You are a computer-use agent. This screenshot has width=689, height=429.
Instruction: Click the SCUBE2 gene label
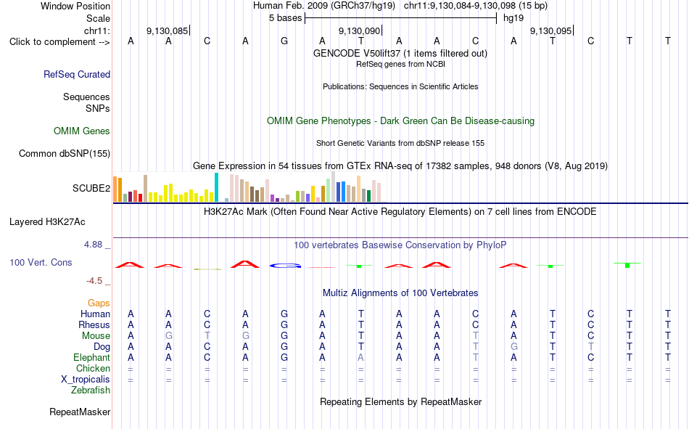(91, 188)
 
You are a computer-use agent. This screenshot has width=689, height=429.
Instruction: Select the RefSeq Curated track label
(77, 74)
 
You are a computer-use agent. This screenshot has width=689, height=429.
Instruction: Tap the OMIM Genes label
(82, 131)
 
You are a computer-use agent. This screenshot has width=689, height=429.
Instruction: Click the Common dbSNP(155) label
(65, 154)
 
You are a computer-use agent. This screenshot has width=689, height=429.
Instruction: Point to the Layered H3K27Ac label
(47, 222)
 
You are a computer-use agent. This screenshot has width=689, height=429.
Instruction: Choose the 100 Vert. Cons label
(41, 262)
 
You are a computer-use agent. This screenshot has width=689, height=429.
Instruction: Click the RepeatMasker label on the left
(80, 412)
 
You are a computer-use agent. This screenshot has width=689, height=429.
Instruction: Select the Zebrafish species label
(91, 391)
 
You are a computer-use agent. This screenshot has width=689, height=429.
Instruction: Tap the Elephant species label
(92, 358)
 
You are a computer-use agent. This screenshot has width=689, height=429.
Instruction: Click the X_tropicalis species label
(86, 380)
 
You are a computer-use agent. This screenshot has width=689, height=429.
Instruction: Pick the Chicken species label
(93, 368)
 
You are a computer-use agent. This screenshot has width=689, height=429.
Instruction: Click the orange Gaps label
(99, 303)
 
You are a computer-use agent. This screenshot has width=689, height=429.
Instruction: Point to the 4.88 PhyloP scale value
(93, 245)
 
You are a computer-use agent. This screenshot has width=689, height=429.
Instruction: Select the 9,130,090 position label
(359, 30)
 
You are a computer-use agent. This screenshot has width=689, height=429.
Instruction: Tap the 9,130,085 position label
(167, 30)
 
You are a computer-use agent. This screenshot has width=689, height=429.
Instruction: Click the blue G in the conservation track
(285, 266)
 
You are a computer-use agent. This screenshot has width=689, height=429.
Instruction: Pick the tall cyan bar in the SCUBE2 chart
(216, 187)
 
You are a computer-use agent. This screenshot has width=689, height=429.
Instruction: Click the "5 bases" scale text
(286, 18)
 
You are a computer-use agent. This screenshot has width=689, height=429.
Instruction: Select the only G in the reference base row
(284, 41)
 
